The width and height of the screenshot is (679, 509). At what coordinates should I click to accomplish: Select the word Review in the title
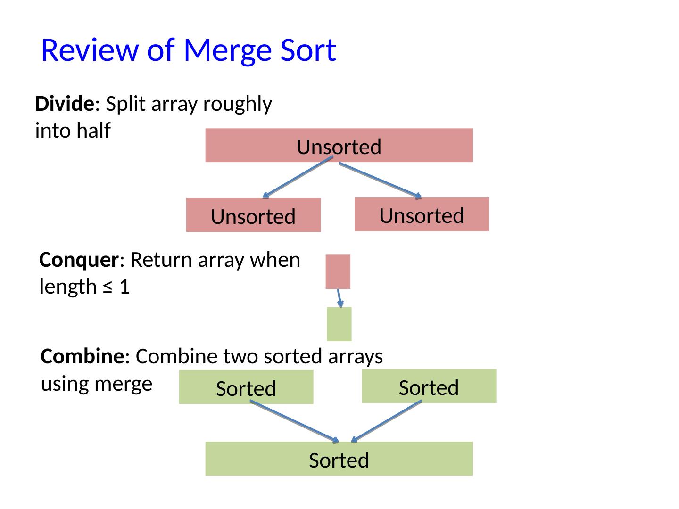click(90, 50)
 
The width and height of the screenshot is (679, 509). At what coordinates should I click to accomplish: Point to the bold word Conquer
click(79, 260)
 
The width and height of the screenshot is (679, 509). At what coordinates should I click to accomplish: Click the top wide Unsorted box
click(339, 145)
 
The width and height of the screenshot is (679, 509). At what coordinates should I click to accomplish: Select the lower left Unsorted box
click(253, 215)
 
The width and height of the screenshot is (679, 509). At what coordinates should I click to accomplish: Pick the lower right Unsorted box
click(422, 214)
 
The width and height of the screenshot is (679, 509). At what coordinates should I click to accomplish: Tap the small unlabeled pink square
click(338, 271)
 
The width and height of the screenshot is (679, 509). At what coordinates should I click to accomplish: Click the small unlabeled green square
click(339, 324)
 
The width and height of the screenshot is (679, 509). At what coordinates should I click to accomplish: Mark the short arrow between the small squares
click(339, 298)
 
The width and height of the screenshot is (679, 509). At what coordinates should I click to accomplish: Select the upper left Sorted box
click(246, 387)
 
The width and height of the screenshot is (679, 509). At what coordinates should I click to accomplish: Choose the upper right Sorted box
click(429, 386)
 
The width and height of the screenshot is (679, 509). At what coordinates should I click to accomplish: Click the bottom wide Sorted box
click(339, 458)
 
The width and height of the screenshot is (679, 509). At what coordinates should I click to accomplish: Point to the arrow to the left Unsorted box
click(298, 177)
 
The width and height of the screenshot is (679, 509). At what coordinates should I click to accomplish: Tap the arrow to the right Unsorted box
click(381, 181)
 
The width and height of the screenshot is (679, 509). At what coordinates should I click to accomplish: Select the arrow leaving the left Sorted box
click(295, 422)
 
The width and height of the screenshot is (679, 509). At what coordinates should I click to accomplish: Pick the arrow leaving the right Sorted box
click(386, 422)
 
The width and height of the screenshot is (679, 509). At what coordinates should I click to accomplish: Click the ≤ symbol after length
click(108, 287)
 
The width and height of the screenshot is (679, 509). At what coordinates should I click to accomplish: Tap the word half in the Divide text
click(93, 130)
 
